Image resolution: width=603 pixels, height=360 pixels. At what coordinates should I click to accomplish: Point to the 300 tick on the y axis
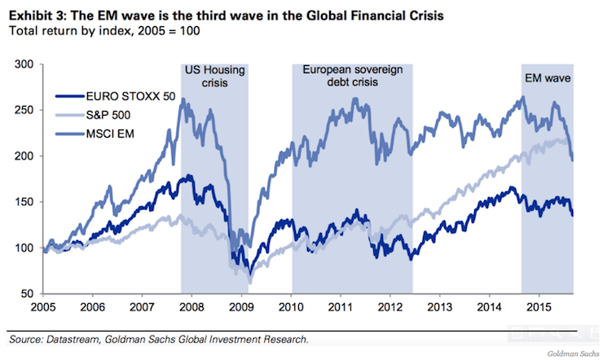[24, 64]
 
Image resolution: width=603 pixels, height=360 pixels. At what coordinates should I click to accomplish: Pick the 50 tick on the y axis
[27, 294]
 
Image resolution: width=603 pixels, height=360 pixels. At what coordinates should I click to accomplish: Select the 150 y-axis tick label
[24, 202]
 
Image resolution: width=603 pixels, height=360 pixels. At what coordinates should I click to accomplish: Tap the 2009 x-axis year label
[241, 308]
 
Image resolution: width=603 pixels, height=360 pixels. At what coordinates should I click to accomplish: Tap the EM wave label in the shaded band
[546, 79]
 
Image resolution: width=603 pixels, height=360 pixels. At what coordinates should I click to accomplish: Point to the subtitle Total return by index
[67, 31]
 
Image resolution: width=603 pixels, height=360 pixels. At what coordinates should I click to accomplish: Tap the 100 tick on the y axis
[24, 248]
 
